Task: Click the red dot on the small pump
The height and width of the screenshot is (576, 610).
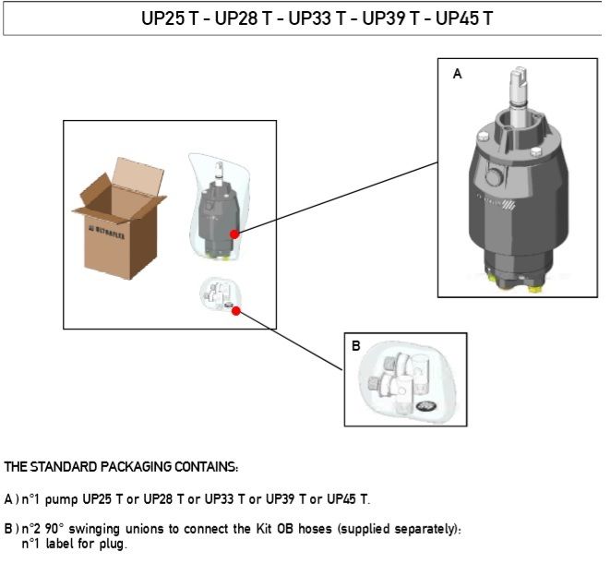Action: pos(235,234)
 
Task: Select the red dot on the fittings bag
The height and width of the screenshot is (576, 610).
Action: pos(236,311)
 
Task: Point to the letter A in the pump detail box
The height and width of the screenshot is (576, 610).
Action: pos(457,75)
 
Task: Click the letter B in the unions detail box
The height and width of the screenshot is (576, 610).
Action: pos(356,347)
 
